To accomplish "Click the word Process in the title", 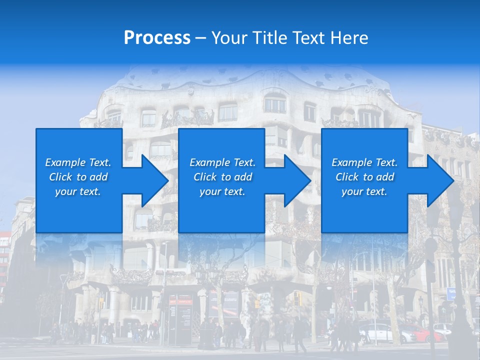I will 157,38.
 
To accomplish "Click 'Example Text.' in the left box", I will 78,162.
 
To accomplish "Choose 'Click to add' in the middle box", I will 222,177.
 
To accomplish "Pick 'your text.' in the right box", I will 364,191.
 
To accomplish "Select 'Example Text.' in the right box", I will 364,162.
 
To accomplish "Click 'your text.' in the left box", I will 78,191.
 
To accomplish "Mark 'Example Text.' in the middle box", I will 222,162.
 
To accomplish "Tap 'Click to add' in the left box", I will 78,177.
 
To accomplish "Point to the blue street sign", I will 451,293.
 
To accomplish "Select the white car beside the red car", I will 381,332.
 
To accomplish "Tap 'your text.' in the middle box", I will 222,191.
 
